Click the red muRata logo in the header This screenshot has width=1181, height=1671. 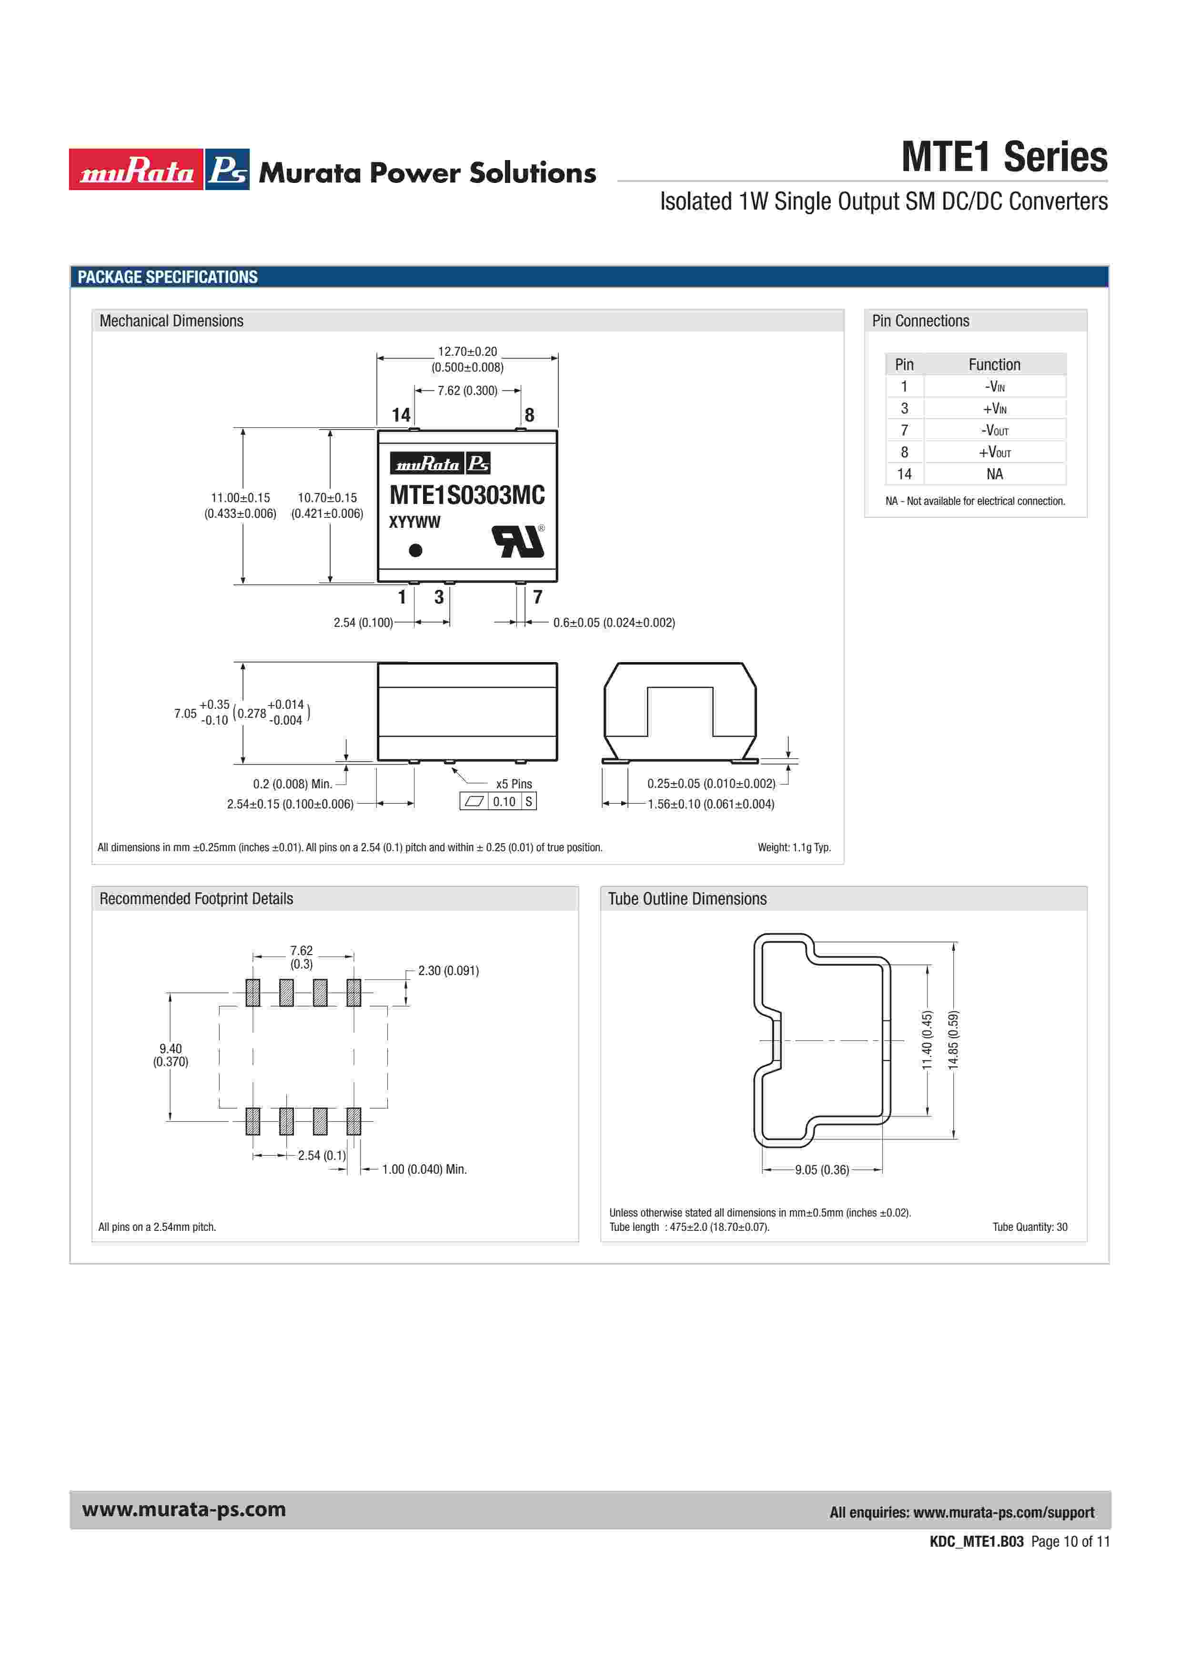point(136,170)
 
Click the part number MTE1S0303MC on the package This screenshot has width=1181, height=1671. point(467,495)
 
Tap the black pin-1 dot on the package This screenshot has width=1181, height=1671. point(415,550)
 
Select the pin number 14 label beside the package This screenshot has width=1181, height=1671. point(401,415)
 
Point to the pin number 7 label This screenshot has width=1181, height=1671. point(538,597)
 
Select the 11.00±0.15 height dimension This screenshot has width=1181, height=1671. point(240,498)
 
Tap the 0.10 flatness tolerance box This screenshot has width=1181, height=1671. point(504,801)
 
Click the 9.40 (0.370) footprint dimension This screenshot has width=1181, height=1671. point(170,1055)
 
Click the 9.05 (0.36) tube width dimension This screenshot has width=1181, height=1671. point(821,1169)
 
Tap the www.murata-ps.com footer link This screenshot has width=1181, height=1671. point(184,1510)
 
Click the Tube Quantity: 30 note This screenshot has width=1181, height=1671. point(1030,1227)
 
